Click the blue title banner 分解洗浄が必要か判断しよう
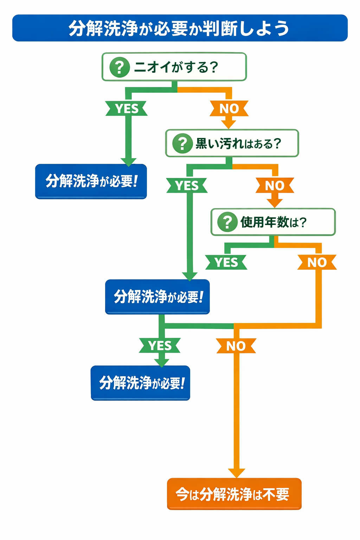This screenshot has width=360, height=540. pyautogui.click(x=180, y=28)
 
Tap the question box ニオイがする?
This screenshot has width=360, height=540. pyautogui.click(x=174, y=67)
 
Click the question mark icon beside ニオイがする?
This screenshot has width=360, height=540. pyautogui.click(x=120, y=67)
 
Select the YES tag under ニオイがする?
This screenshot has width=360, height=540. pyautogui.click(x=127, y=109)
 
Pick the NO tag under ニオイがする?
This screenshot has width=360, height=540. pyautogui.click(x=229, y=109)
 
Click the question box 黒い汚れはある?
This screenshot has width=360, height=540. pyautogui.click(x=232, y=143)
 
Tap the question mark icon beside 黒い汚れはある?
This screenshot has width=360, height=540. pyautogui.click(x=182, y=143)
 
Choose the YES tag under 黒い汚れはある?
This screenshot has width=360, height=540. pyautogui.click(x=187, y=186)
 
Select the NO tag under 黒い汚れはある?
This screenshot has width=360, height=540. pyautogui.click(x=275, y=186)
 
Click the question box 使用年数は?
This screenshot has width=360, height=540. pyautogui.click(x=273, y=222)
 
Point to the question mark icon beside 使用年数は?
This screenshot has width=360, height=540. pyautogui.click(x=227, y=222)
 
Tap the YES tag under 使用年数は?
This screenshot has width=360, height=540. pyautogui.click(x=226, y=263)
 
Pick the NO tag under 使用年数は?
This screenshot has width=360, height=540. pyautogui.click(x=317, y=263)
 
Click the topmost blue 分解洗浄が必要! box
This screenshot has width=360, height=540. pyautogui.click(x=91, y=181)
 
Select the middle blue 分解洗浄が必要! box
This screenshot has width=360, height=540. pyautogui.click(x=157, y=297)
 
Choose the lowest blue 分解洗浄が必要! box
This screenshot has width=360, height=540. pyautogui.click(x=140, y=383)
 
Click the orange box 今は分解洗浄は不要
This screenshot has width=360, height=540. pyautogui.click(x=234, y=494)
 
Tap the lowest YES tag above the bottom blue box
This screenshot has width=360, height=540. pyautogui.click(x=160, y=346)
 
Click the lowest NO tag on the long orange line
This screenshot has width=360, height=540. pyautogui.click(x=236, y=346)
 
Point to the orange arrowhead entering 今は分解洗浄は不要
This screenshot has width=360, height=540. pyautogui.click(x=237, y=473)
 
